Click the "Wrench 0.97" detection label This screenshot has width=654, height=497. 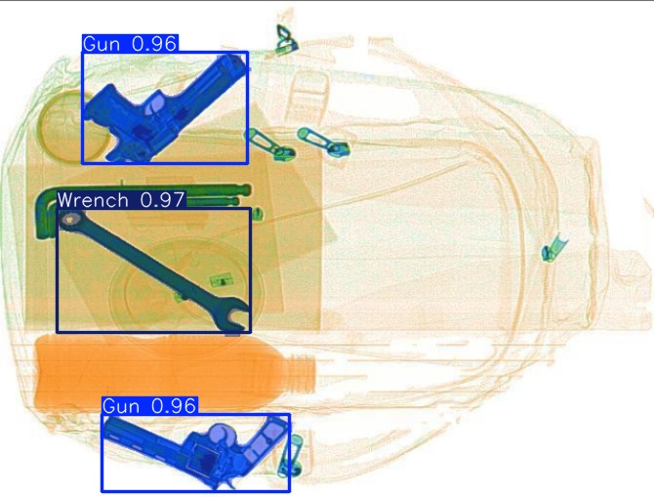pyautogui.click(x=121, y=200)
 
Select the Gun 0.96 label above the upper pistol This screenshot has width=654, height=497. pyautogui.click(x=130, y=44)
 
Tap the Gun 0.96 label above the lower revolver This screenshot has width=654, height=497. pyautogui.click(x=149, y=405)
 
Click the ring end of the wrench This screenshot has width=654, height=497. pyautogui.click(x=70, y=222)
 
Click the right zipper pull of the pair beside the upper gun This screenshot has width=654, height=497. pyautogui.click(x=322, y=142)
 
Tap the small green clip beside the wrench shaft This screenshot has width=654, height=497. pyautogui.click(x=222, y=282)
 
